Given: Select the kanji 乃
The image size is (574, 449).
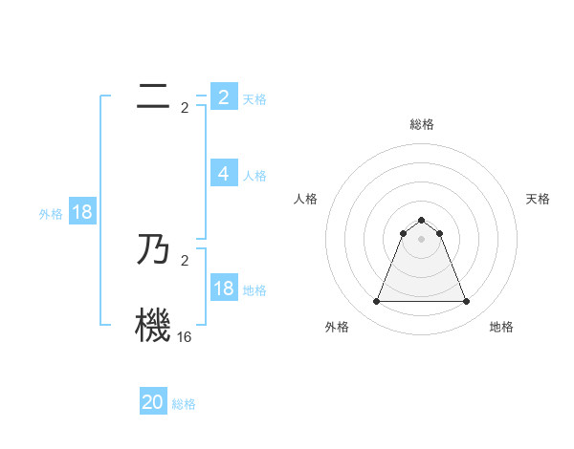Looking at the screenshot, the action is point(153,250).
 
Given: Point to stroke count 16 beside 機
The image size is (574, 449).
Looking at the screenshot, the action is point(184,337).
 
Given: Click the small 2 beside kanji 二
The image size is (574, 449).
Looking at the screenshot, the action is point(185,108).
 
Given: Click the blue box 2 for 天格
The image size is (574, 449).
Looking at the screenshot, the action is point(224,97).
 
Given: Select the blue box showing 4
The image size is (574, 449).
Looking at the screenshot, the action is point(224,174).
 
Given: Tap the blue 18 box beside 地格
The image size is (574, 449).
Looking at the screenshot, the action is point(224,289).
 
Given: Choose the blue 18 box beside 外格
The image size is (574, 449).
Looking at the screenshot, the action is point(82,213).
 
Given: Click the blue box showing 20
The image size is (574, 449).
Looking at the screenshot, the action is point(153,402).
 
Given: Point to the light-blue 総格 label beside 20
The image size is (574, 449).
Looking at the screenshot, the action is point(184,404).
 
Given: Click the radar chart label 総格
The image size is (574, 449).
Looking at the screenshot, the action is point(421,124).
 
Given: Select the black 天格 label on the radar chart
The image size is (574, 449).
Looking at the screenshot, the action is point(539,199).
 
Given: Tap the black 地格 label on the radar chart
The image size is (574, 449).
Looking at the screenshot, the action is point(501,327).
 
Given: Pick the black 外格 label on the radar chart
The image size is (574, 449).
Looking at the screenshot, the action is point(337,327).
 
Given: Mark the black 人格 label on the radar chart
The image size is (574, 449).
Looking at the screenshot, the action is point(306,199).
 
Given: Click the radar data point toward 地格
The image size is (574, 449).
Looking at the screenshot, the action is point(467,302).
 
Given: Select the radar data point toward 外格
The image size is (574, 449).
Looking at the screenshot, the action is point(376,302).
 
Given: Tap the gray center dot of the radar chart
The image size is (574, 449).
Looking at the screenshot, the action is point(421,239).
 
